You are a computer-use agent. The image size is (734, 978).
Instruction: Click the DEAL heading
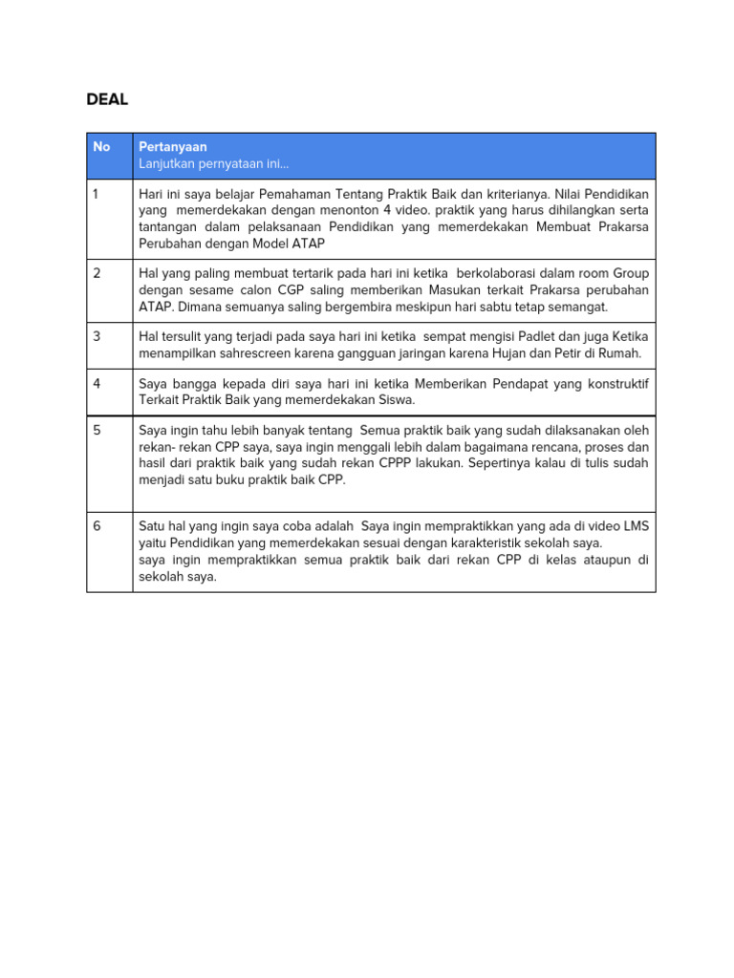pyautogui.click(x=107, y=99)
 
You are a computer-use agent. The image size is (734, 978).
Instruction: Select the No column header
pyautogui.click(x=101, y=147)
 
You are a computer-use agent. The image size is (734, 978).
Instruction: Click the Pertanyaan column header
pyautogui.click(x=173, y=147)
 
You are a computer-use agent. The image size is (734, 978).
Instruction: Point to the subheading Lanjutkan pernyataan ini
pyautogui.click(x=213, y=164)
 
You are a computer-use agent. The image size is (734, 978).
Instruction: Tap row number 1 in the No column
pyautogui.click(x=97, y=194)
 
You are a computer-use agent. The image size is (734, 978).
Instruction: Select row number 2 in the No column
pyautogui.click(x=97, y=273)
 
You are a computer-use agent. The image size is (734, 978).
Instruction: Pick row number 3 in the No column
pyautogui.click(x=97, y=337)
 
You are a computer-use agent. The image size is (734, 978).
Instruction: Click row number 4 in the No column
pyautogui.click(x=97, y=384)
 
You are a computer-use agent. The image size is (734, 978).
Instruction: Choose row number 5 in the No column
pyautogui.click(x=97, y=431)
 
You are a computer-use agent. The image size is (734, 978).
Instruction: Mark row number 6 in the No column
pyautogui.click(x=97, y=526)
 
